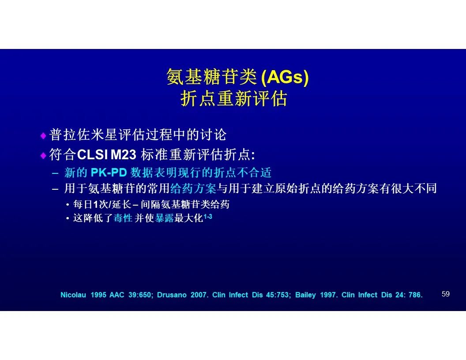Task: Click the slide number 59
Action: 446,294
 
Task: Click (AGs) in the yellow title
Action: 285,77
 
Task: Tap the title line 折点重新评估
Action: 233,99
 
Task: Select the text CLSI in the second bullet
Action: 92,155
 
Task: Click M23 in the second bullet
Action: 123,155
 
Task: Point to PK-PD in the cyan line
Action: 109,172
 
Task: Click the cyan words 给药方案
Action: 193,188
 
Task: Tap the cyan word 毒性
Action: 123,218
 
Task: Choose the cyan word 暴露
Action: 164,218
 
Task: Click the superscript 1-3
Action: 208,216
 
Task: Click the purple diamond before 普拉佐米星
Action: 43,136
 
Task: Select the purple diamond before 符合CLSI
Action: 43,155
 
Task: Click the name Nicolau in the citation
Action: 73,295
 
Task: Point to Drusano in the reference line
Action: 172,295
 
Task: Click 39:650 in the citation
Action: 141,295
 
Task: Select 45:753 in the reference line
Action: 278,295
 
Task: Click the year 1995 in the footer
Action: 98,295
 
